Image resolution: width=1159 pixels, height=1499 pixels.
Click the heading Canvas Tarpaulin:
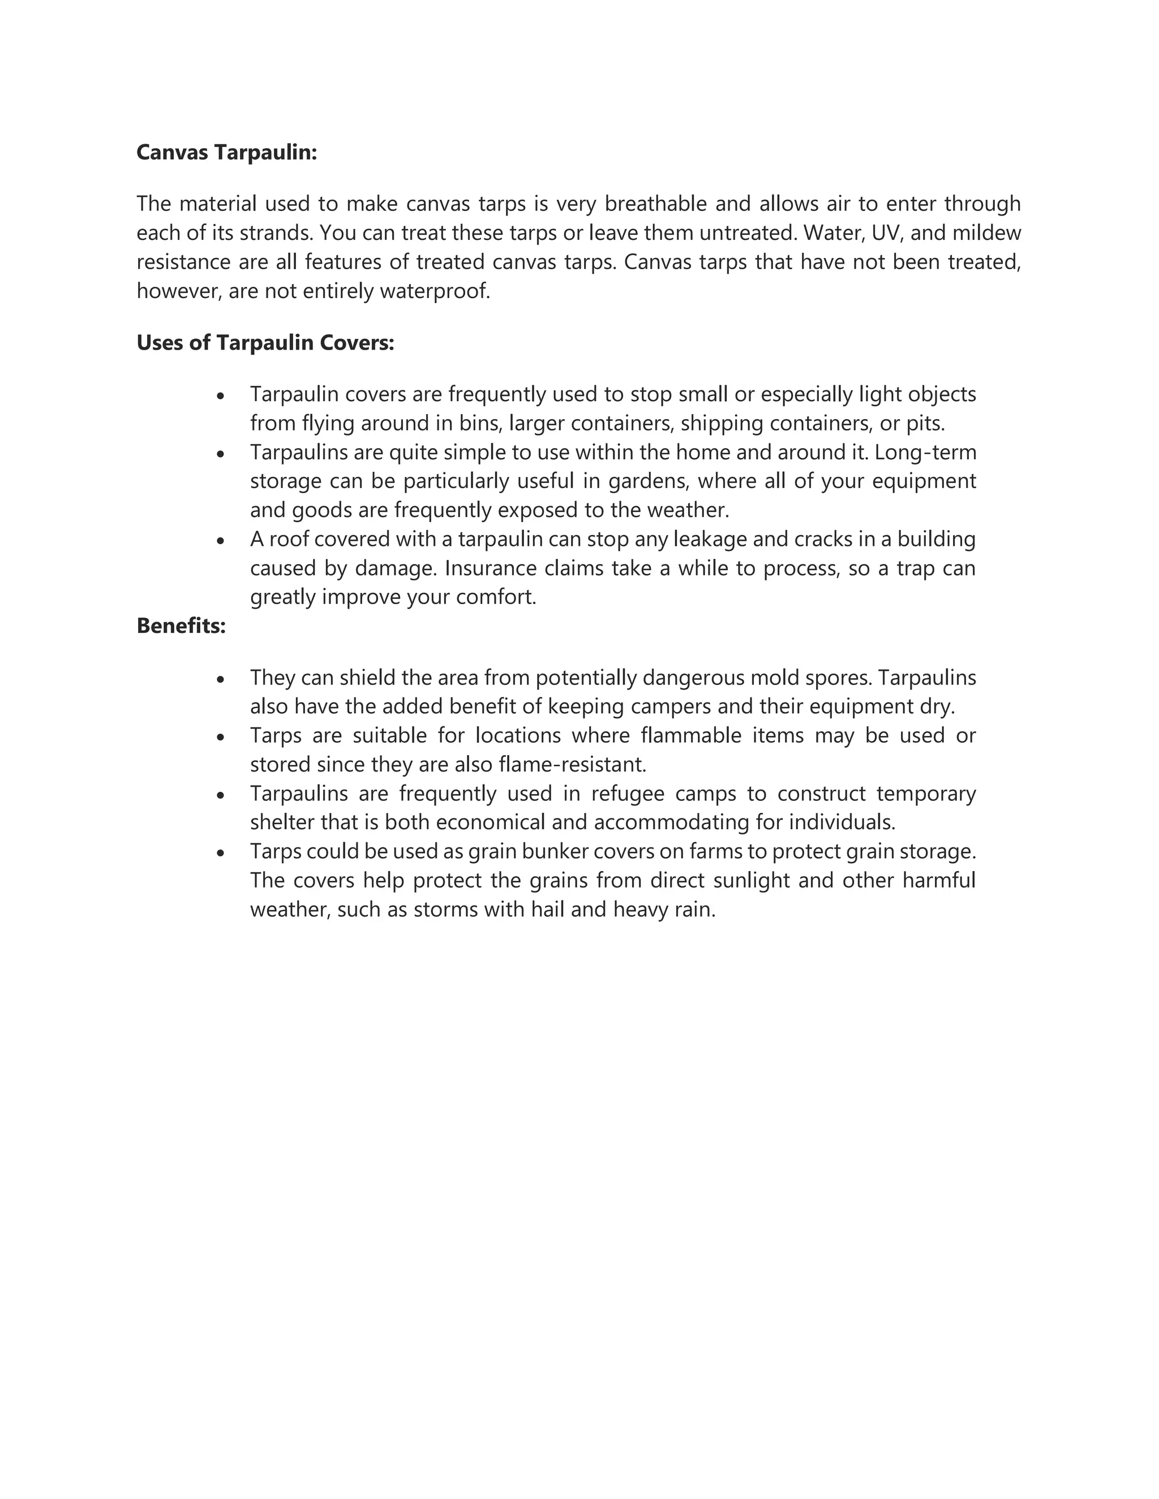point(226,152)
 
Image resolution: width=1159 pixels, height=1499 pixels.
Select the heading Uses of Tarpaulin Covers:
point(265,342)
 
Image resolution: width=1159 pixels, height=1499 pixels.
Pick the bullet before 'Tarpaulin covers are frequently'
point(220,396)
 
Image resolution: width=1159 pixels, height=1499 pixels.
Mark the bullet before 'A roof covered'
point(220,541)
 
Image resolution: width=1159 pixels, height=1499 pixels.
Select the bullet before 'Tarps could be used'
point(220,853)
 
